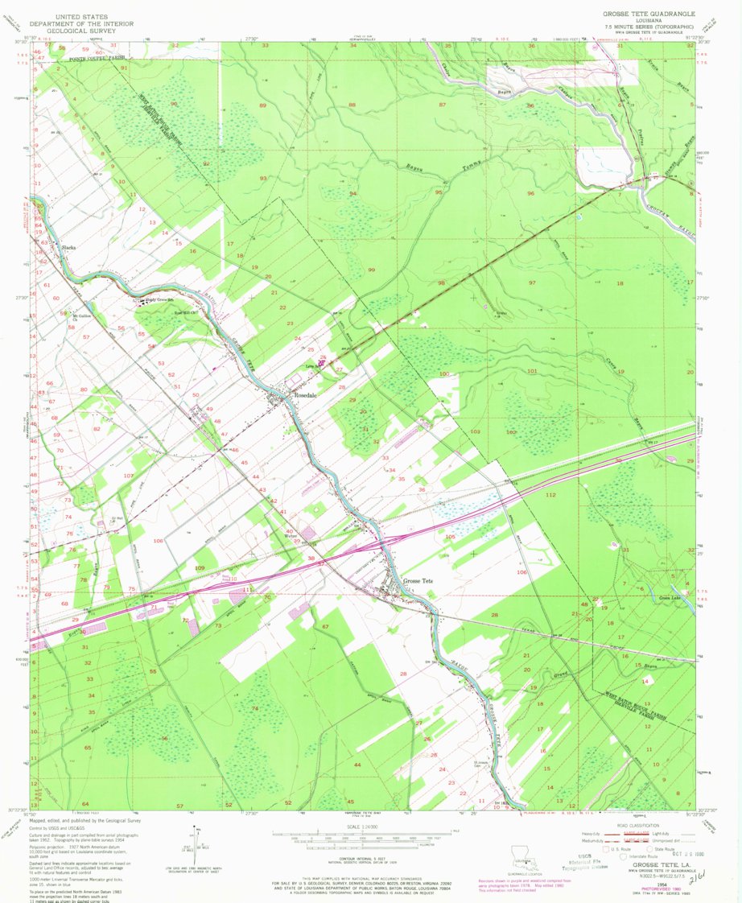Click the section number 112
click(x=550, y=494)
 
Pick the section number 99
click(x=371, y=270)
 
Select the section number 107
click(x=127, y=476)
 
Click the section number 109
click(x=200, y=567)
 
